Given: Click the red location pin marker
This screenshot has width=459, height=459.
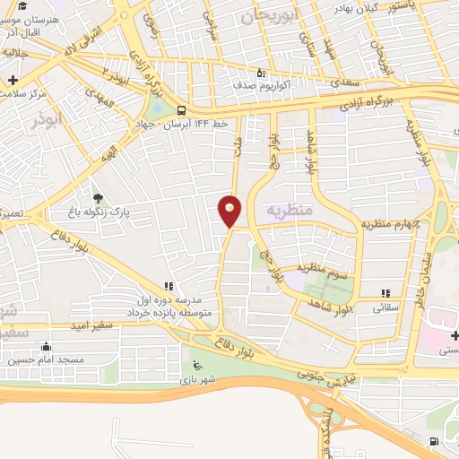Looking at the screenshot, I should (x=230, y=210).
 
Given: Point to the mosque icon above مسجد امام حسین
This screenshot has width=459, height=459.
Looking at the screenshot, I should (x=46, y=346).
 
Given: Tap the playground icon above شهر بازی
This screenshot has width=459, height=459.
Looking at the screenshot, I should (x=198, y=365).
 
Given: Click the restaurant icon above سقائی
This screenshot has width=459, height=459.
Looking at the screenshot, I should (x=386, y=293).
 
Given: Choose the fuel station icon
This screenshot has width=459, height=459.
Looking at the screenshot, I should (x=434, y=441).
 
